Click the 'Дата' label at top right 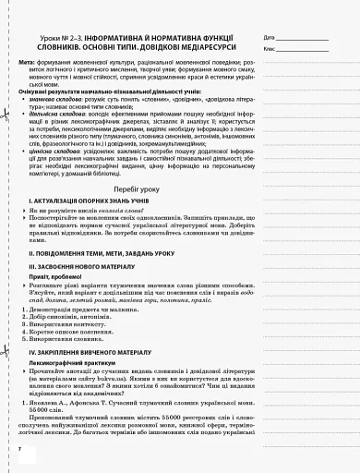click(x=270, y=37)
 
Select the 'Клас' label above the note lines click(x=270, y=47)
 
